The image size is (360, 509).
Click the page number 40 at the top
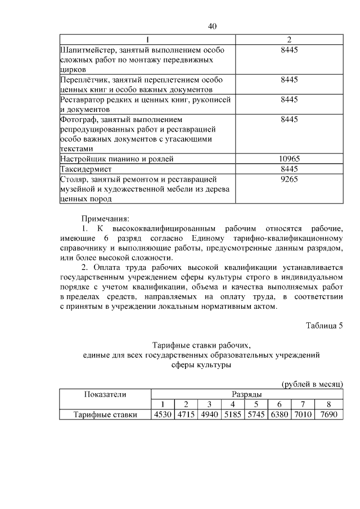pos(212,26)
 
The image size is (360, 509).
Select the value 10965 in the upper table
pos(289,159)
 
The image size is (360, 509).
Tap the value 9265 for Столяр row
pos(289,179)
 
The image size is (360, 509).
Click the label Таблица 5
pos(324,326)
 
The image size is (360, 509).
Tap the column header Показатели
pos(105,394)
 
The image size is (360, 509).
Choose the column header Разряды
pos(246,395)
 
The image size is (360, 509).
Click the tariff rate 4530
pos(162,415)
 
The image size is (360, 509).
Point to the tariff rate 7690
pos(328,415)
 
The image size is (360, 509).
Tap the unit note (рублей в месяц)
pos(312,384)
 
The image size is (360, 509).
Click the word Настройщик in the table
pos(82,159)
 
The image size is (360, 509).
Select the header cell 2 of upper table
pos(289,40)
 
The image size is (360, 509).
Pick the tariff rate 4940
pos(209,415)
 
